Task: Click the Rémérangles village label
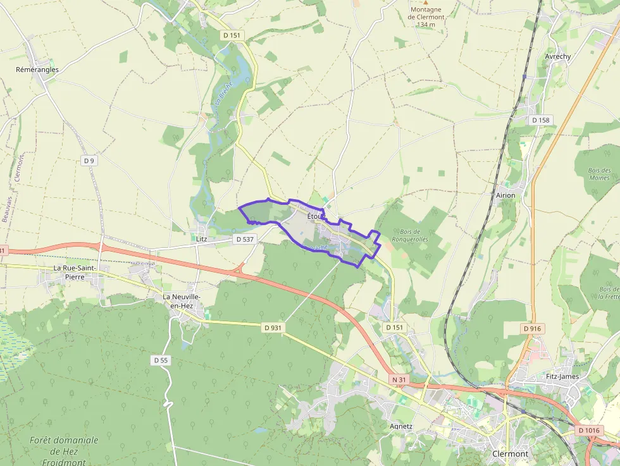point(37,70)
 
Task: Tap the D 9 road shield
point(89,161)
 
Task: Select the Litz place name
point(202,239)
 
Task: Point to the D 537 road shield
point(244,239)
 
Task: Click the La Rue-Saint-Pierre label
point(75,272)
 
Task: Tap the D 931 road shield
point(272,328)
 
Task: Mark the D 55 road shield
point(161,360)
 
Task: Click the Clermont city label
point(510,453)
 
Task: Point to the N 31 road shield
point(398,379)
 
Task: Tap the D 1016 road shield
point(588,431)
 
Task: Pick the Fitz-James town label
point(562,376)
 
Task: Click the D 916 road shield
point(533,329)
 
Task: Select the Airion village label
point(505,195)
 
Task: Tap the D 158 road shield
point(541,120)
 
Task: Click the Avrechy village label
point(558,56)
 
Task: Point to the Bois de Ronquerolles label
point(410,235)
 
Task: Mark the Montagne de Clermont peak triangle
point(426,2)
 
